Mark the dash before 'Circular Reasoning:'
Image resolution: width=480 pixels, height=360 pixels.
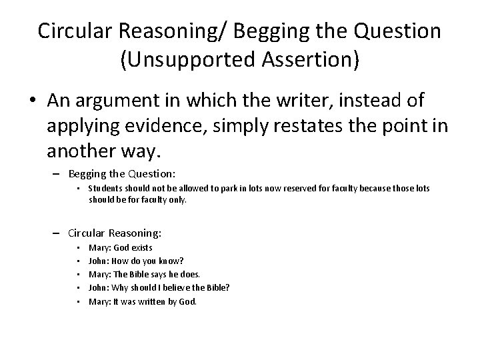59,234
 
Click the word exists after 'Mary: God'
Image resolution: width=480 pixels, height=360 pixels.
142,248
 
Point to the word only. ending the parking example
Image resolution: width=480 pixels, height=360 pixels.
177,199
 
